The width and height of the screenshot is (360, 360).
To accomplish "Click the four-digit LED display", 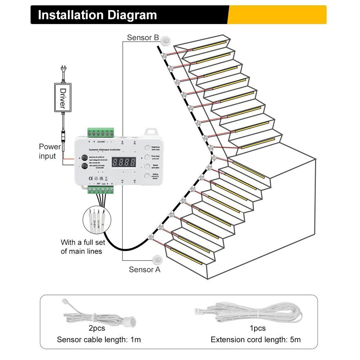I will (123, 162).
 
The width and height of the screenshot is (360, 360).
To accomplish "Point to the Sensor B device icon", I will (165, 40).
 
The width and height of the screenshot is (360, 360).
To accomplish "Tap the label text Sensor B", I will (143, 37).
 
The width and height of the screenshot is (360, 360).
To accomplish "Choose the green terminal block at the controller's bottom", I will (101, 191).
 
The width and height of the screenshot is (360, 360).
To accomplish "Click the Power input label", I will (50, 151).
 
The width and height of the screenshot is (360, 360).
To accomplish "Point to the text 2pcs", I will (97, 328).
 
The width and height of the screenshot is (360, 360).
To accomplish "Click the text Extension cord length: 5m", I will (256, 339).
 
